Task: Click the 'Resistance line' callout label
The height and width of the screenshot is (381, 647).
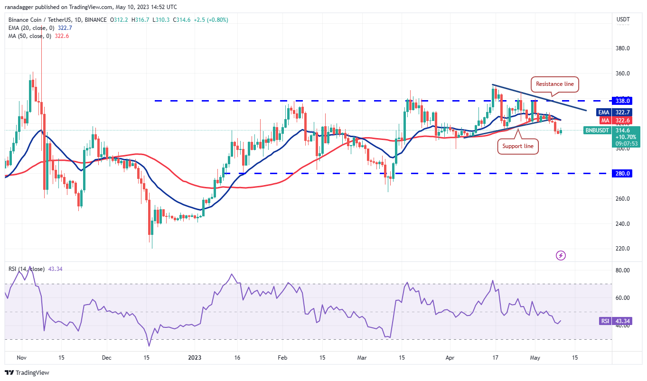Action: tap(554, 84)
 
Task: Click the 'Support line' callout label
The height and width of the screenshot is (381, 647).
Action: tap(517, 146)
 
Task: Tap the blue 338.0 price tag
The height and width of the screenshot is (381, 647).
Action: tap(623, 101)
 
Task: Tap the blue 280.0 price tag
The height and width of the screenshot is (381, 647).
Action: tap(623, 174)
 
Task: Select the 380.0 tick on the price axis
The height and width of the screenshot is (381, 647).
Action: tap(622, 48)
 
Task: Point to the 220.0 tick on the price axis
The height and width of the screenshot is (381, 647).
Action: tap(622, 249)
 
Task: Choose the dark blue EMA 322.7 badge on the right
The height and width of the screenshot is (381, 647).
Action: tap(623, 112)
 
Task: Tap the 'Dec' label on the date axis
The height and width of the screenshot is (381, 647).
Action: tap(106, 357)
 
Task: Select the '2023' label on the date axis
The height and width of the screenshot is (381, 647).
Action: tap(195, 357)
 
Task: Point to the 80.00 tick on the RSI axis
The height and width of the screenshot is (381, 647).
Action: tap(622, 270)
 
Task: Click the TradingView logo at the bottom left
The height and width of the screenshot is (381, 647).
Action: tap(27, 372)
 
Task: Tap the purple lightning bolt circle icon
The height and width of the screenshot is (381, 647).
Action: tap(561, 256)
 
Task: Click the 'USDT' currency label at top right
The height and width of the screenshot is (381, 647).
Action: tap(623, 19)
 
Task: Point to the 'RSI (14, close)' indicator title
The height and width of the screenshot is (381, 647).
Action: tap(27, 269)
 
